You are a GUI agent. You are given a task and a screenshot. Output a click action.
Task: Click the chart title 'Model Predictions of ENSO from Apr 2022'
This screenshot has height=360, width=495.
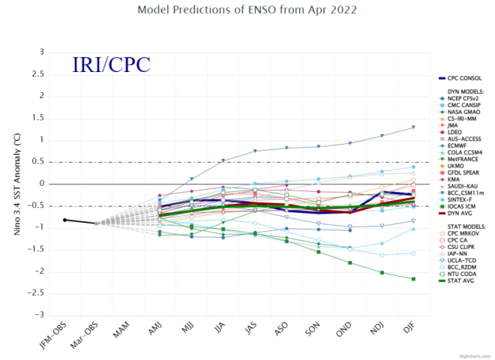247,10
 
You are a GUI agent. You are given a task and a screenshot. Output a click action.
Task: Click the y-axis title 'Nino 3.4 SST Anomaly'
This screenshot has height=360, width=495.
16,182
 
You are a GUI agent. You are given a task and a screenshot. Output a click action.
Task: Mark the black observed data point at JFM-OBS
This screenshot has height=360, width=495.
64,220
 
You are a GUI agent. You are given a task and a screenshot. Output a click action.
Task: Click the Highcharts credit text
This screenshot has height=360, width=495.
478,354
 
